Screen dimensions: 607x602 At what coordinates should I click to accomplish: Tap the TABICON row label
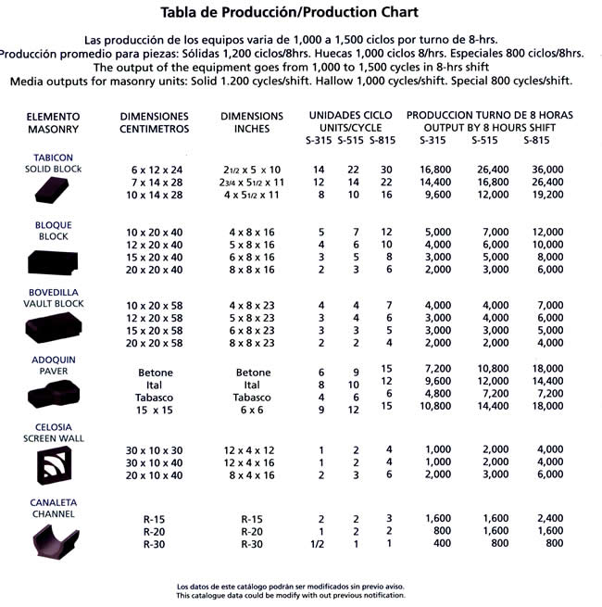point(53,158)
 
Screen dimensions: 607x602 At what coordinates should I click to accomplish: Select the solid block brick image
point(54,190)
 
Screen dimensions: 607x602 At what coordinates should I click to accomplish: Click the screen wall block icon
point(53,464)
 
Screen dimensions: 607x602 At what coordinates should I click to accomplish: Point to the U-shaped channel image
point(53,538)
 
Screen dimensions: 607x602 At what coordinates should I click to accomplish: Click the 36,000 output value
point(543,170)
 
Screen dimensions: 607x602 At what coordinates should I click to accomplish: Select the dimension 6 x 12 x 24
point(157,170)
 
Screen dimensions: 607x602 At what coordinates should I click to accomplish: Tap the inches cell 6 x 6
point(252,409)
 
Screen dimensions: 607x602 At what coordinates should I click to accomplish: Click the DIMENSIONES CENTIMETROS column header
point(155,122)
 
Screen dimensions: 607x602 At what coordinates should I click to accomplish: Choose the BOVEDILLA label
point(53,292)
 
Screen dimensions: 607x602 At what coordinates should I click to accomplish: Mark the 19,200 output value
point(543,196)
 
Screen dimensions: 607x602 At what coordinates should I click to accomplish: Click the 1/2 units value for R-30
point(319,544)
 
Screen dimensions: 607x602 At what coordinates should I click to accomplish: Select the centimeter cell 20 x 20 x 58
point(157,343)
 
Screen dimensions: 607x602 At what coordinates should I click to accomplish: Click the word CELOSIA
point(53,428)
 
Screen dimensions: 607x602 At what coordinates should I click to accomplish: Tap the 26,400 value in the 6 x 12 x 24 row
point(490,170)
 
